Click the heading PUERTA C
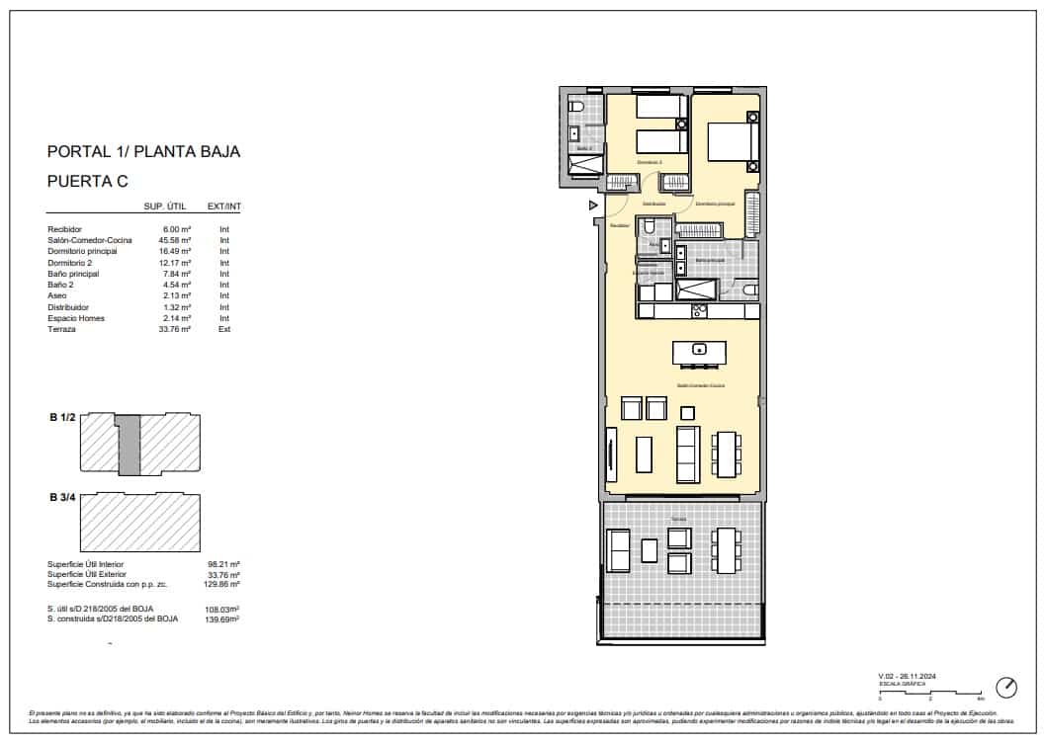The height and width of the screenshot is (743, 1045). (88, 181)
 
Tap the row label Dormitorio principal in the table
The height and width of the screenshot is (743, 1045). (82, 251)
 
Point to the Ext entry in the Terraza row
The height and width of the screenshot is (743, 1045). (224, 329)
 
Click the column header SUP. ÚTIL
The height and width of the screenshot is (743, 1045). (167, 206)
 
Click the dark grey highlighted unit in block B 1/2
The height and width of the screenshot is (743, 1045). (130, 446)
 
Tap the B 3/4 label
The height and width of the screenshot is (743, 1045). (63, 497)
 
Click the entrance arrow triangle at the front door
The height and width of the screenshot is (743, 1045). (593, 206)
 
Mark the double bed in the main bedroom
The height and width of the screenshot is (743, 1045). (733, 139)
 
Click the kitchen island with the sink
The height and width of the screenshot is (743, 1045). (699, 351)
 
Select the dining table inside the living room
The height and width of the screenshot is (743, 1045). (728, 454)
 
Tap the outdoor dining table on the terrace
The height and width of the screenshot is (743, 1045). (728, 550)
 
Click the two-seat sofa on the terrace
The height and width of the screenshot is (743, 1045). (617, 550)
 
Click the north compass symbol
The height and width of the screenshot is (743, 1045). (1006, 687)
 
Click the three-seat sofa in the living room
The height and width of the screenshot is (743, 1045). (688, 454)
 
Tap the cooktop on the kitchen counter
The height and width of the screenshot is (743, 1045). (700, 311)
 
